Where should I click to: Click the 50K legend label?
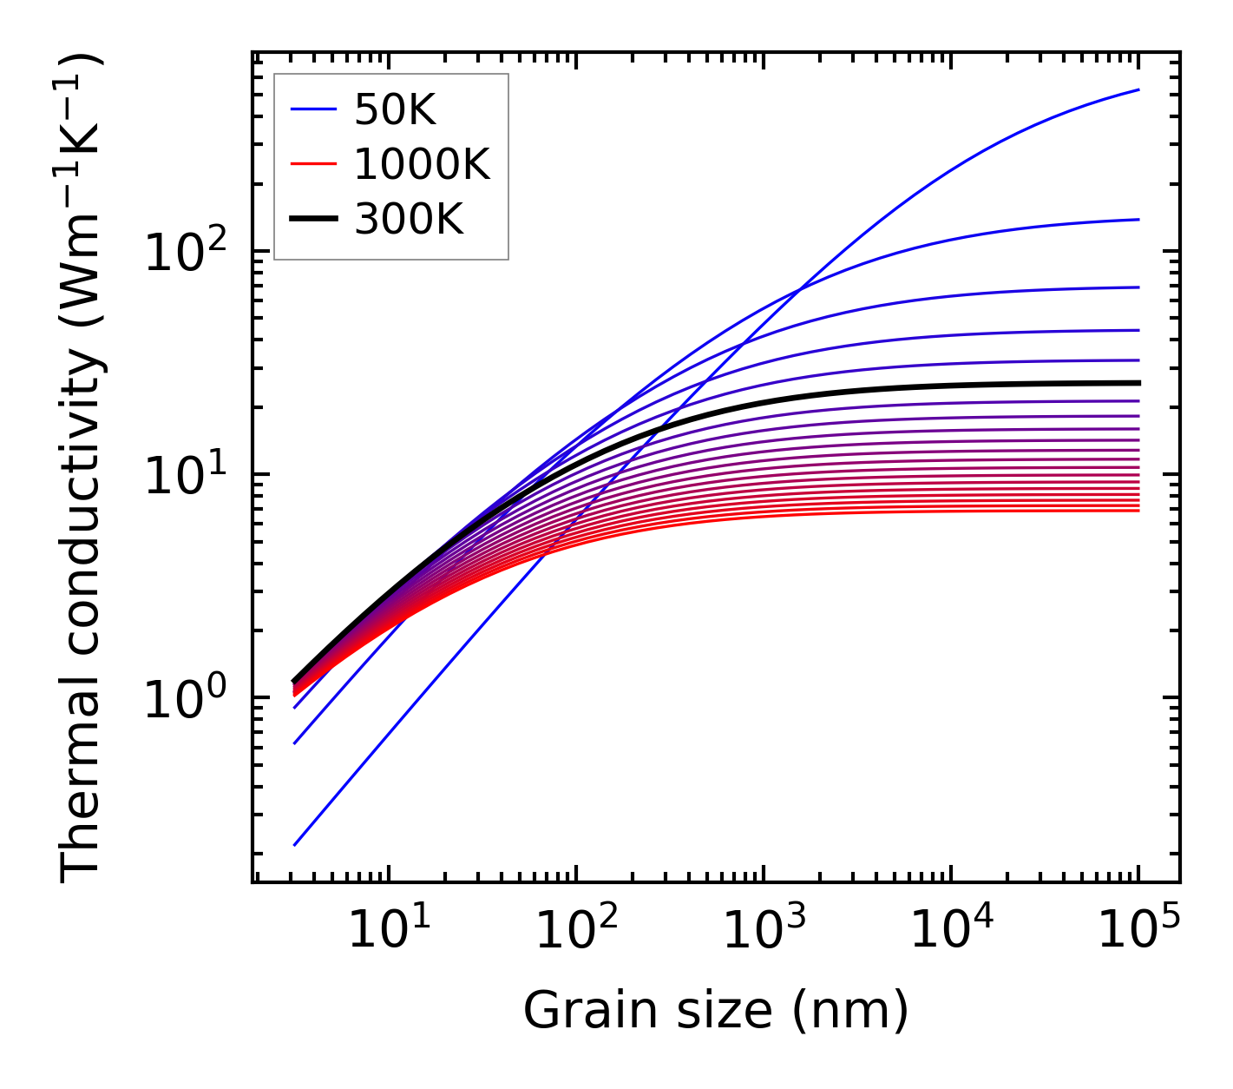[x=395, y=110]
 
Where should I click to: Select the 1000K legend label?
[x=422, y=165]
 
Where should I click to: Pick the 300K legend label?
[x=409, y=220]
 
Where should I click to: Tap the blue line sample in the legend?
[x=313, y=110]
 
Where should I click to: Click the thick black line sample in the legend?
[x=313, y=220]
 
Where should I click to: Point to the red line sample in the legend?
[x=313, y=165]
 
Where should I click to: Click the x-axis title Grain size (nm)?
[x=716, y=1011]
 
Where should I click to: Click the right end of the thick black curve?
[x=1138, y=383]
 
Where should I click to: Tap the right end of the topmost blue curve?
[x=1138, y=89]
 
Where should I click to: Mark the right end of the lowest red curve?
[x=1138, y=510]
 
